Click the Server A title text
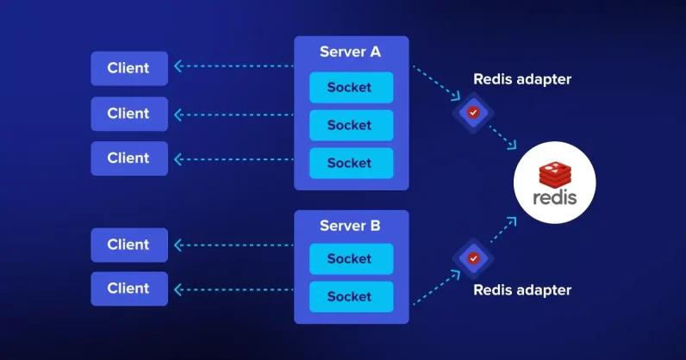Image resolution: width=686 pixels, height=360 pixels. tap(350, 52)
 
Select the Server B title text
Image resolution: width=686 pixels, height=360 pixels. tap(350, 226)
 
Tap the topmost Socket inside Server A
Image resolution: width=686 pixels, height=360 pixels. tap(350, 88)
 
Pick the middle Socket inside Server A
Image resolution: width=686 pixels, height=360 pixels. tap(350, 125)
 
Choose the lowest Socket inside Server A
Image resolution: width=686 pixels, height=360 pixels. tap(350, 163)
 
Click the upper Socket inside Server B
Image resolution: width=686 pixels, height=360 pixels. tap(350, 258)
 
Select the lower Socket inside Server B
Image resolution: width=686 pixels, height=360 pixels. tap(350, 296)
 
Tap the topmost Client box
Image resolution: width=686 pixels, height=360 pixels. tap(128, 68)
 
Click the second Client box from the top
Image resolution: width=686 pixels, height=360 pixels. tap(128, 113)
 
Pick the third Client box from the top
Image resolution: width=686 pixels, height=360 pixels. tap(128, 158)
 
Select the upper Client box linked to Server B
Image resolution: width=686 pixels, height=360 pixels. tap(128, 245)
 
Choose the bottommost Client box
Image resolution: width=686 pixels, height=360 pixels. tap(128, 289)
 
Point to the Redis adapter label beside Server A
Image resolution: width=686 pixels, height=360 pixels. tap(522, 79)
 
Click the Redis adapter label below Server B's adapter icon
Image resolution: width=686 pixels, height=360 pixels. tap(522, 290)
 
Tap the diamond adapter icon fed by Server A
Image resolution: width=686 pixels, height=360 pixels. tap(472, 112)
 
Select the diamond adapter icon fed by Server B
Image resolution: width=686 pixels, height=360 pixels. tap(472, 257)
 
